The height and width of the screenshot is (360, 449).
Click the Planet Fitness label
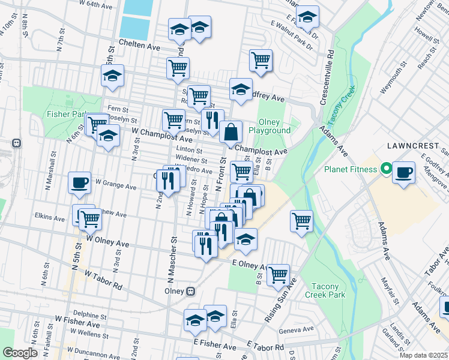(351, 169)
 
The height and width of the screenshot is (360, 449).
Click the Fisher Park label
(65, 113)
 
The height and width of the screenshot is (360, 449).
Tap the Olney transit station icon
(191, 292)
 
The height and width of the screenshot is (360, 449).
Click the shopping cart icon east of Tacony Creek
(301, 220)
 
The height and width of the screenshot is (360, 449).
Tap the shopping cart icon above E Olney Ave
(278, 274)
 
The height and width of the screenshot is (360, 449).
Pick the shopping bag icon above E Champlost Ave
(231, 131)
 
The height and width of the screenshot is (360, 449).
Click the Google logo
(20, 352)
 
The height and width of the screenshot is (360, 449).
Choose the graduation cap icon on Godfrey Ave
(241, 89)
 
